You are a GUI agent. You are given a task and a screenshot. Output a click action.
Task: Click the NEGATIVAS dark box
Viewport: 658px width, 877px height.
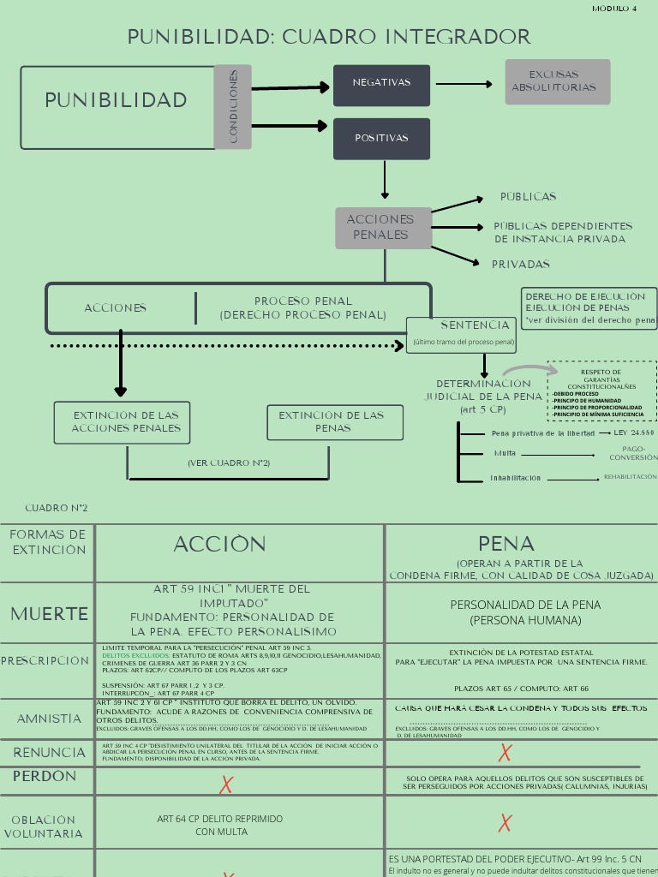coord(381,84)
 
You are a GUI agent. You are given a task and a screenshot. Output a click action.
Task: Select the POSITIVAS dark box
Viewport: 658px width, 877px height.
coord(381,138)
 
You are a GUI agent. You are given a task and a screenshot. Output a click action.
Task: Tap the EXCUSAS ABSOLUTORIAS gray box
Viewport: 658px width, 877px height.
coord(557,81)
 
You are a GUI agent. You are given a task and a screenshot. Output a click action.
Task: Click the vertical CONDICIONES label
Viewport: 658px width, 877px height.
coord(233,106)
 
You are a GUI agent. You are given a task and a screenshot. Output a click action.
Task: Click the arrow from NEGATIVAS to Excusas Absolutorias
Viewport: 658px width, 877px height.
coord(464,84)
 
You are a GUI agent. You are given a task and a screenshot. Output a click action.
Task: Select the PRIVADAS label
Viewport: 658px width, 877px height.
coord(520,265)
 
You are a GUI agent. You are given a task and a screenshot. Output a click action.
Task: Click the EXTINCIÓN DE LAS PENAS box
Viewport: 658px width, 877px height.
coord(335,422)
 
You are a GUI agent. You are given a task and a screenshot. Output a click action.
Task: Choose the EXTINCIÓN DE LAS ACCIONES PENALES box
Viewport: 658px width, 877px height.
coord(122,422)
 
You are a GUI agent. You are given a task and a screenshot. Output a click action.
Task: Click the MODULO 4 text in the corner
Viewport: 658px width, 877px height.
coord(614,9)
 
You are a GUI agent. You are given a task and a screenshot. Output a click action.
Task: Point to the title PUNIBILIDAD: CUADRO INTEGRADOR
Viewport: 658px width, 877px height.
coord(329,37)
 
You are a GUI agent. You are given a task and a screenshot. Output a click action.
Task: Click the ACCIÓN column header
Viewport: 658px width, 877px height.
coord(220,545)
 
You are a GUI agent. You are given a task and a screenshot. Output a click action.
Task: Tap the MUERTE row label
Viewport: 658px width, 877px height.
coord(49,614)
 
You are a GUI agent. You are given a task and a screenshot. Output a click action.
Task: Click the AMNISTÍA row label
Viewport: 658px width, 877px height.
coord(49,719)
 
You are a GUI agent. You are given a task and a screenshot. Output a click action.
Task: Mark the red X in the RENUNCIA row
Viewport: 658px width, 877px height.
coord(505,753)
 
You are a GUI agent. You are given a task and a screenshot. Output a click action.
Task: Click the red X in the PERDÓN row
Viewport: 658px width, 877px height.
coord(226,785)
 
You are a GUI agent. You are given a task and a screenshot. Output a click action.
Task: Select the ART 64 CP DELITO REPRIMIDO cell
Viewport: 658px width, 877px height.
coord(219,825)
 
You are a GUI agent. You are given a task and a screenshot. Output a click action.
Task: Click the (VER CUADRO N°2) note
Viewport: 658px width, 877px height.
coord(229,462)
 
